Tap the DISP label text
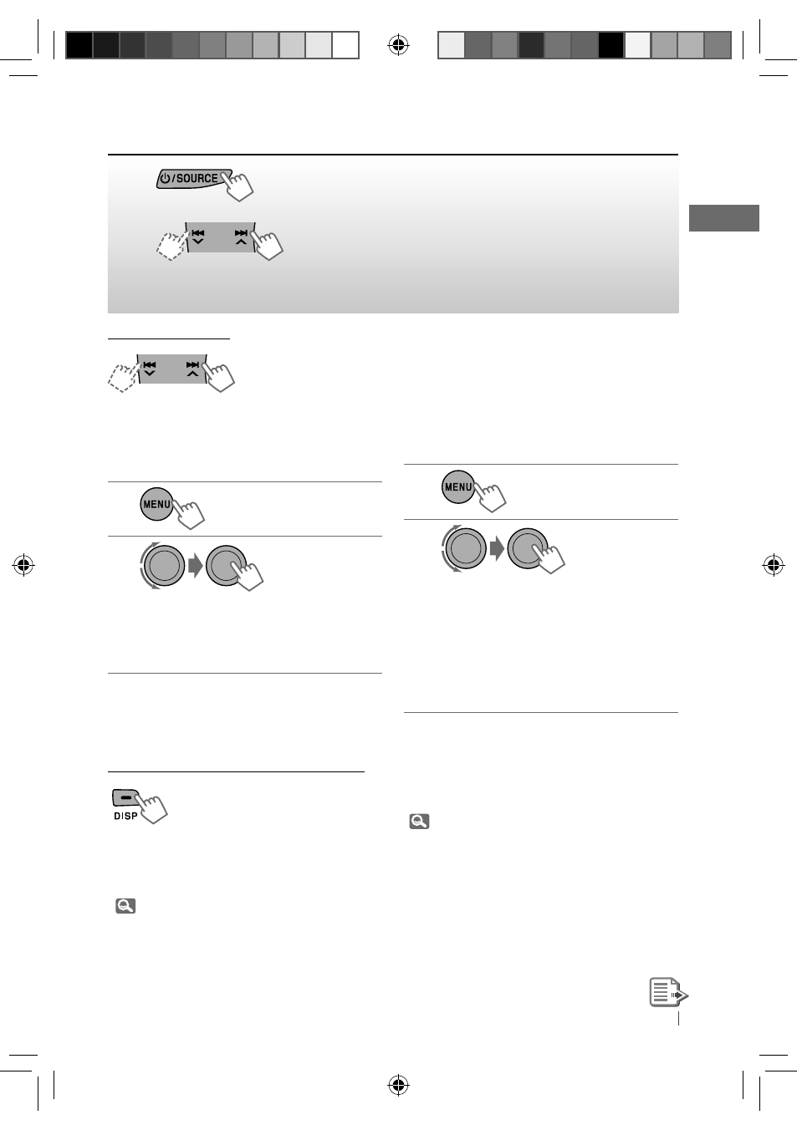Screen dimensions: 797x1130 [x=125, y=816]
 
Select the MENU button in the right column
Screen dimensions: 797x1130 [x=458, y=486]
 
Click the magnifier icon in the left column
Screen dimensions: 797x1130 [x=125, y=905]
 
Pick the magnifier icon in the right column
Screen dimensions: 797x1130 [x=419, y=822]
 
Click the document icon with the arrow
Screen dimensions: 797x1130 [x=668, y=992]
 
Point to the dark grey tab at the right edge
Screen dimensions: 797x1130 [x=723, y=218]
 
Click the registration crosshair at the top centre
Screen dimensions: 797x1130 [x=398, y=45]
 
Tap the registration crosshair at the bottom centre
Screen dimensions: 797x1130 [x=398, y=1085]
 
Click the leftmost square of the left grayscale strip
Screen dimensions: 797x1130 [x=79, y=45]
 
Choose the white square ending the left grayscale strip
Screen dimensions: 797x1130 [x=345, y=45]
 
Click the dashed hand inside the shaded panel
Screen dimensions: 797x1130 [x=172, y=246]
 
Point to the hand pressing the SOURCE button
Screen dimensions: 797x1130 [x=238, y=186]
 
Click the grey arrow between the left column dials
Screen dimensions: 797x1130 [x=196, y=566]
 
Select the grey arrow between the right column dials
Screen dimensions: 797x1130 [x=497, y=548]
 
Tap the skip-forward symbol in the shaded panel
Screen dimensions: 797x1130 [x=241, y=233]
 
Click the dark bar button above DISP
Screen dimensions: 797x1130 [x=125, y=797]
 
